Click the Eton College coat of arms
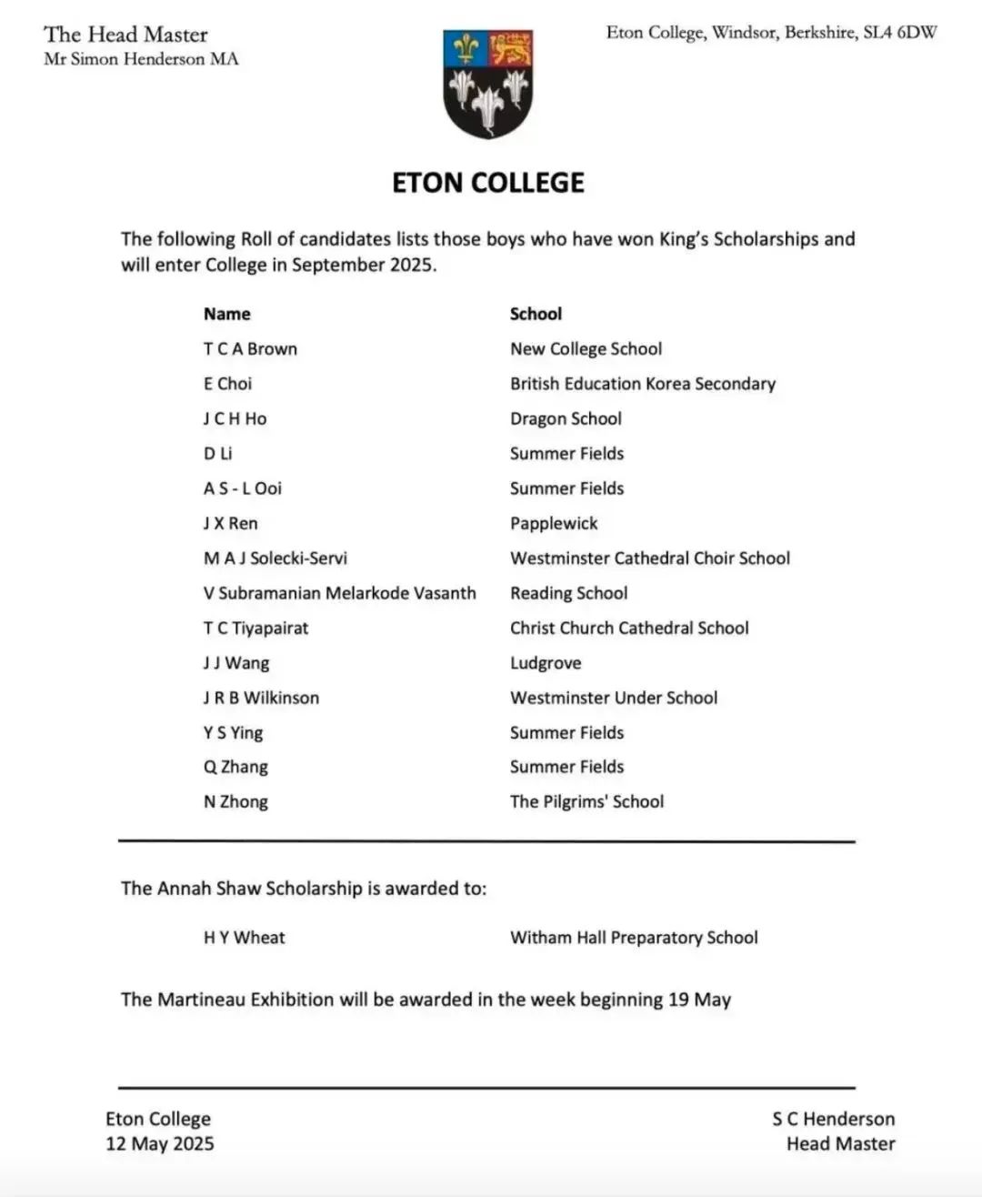tap(488, 84)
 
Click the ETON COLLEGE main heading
tap(488, 183)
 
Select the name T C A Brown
tap(250, 349)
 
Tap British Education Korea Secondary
tap(642, 384)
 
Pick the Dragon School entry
tap(566, 418)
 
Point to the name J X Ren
tap(230, 524)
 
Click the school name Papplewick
tap(554, 524)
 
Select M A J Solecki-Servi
tap(275, 558)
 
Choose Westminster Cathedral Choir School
tap(649, 558)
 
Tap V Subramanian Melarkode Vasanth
tap(339, 593)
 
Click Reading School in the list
tap(568, 593)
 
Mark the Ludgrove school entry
tap(546, 663)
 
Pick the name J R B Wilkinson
tap(261, 699)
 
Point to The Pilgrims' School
tap(586, 802)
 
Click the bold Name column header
tap(226, 314)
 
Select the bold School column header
tap(536, 314)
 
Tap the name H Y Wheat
tap(244, 938)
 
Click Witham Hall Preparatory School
tap(634, 938)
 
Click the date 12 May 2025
tap(160, 1144)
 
